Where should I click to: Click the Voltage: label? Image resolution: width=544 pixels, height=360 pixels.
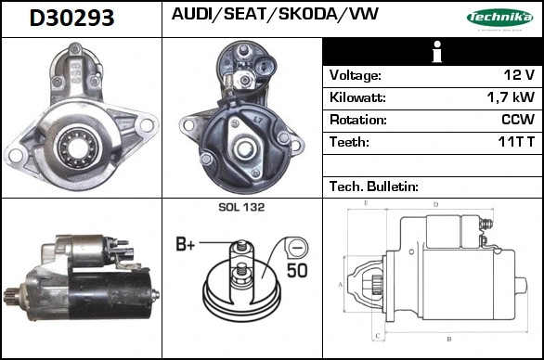pyautogui.click(x=356, y=75)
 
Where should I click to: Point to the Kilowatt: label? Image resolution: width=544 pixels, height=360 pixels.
pyautogui.click(x=358, y=97)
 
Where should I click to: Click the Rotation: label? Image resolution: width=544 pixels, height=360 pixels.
pyautogui.click(x=358, y=120)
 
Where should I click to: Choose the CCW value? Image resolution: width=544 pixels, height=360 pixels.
pyautogui.click(x=517, y=120)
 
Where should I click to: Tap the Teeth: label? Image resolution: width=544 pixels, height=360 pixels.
pyautogui.click(x=350, y=142)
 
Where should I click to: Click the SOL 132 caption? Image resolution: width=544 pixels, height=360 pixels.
pyautogui.click(x=242, y=208)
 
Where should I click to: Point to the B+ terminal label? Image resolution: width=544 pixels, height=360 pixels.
pyautogui.click(x=187, y=245)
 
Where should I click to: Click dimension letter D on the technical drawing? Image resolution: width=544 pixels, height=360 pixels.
pyautogui.click(x=436, y=204)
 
